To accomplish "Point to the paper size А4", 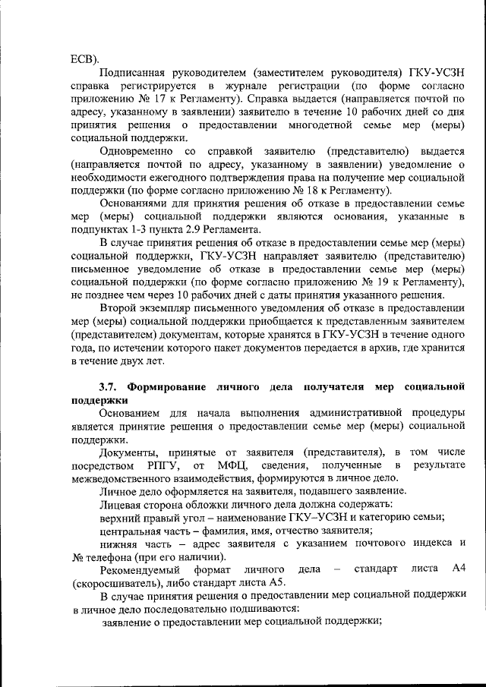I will pos(457,569).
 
